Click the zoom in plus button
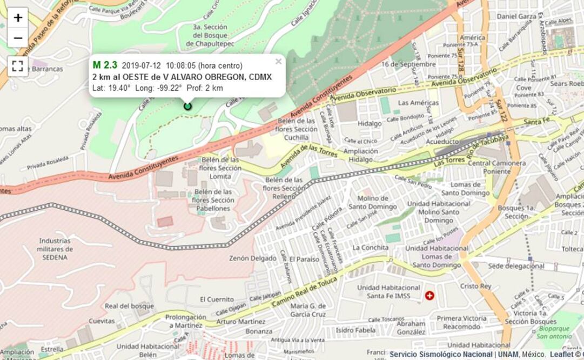click(x=18, y=18)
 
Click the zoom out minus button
click(x=18, y=38)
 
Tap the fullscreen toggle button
click(x=18, y=66)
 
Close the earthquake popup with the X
click(x=278, y=61)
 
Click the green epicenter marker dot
click(x=187, y=106)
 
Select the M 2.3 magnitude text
click(x=105, y=65)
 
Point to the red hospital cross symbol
click(x=429, y=296)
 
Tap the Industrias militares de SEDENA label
click(x=55, y=249)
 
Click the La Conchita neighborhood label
click(x=370, y=248)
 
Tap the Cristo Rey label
click(x=475, y=286)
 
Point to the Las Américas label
click(x=418, y=103)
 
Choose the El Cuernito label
click(x=217, y=299)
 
